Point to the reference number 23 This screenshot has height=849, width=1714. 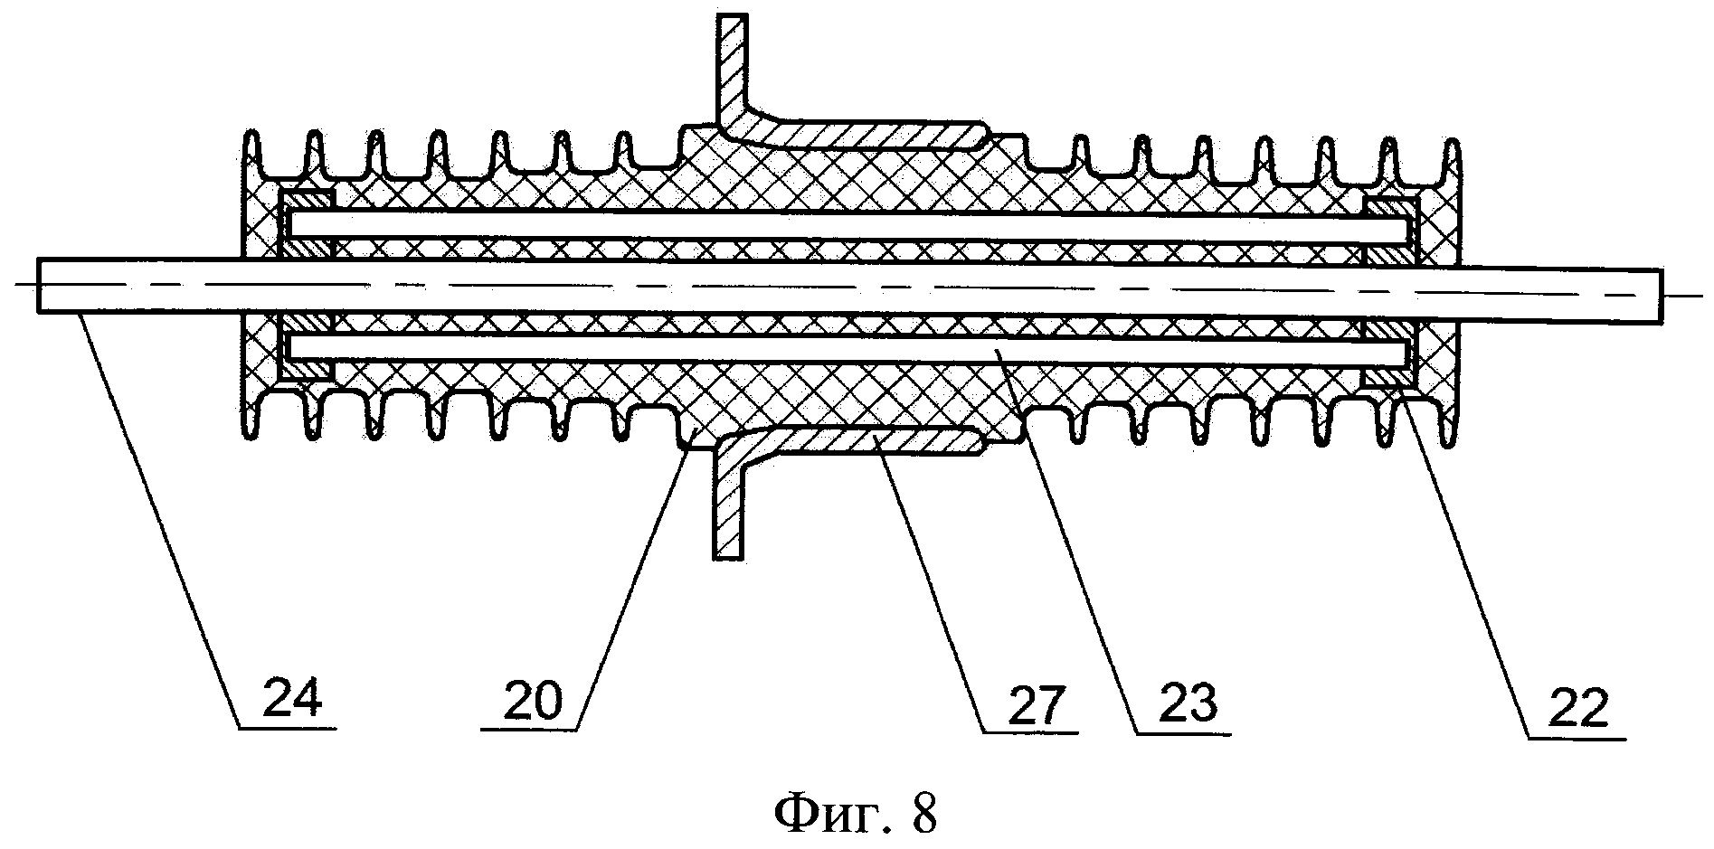tap(1188, 703)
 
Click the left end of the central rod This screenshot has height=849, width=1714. tap(39, 285)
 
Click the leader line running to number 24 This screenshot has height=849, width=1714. tap(159, 520)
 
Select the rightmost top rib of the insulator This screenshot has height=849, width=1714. tap(1451, 163)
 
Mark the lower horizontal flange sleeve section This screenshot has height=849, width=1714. tap(868, 442)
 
